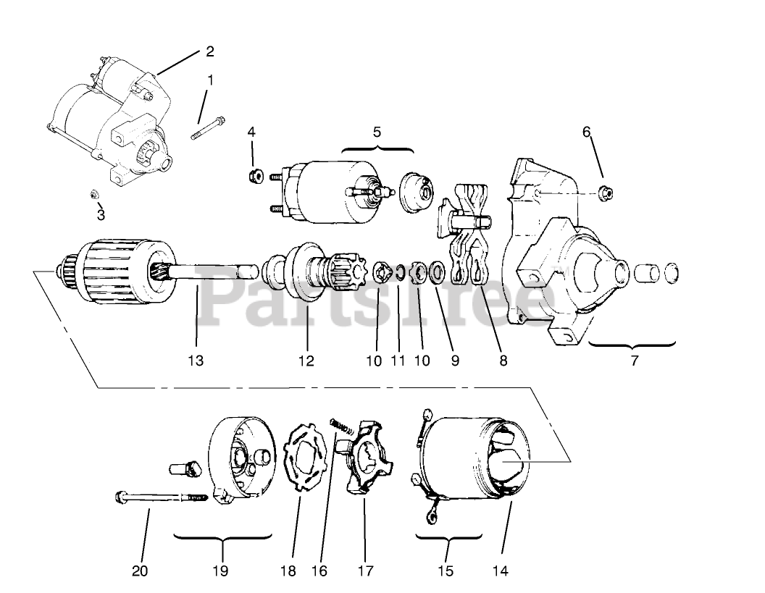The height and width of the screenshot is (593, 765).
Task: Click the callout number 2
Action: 209,51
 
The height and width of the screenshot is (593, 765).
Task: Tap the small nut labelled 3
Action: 94,194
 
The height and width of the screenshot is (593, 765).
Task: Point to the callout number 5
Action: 377,133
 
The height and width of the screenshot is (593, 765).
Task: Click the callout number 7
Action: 635,360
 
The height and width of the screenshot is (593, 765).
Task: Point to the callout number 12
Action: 306,360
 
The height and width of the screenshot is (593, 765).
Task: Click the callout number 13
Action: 196,360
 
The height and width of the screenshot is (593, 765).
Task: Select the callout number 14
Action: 500,571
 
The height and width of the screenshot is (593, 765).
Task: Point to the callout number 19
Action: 221,571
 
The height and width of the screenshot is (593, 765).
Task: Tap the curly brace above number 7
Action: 632,343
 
